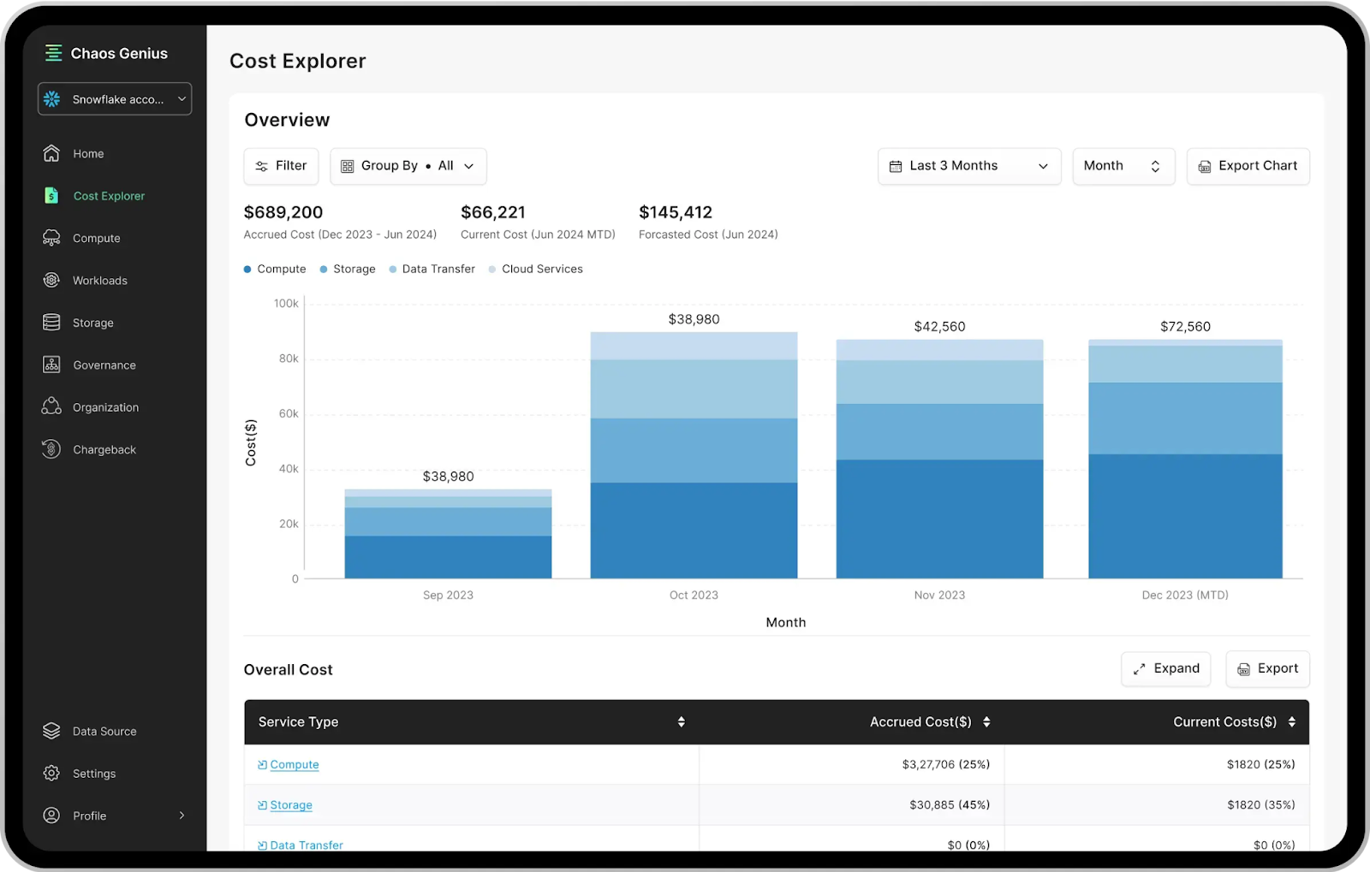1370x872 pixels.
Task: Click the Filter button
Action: [281, 166]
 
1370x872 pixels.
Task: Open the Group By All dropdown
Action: [408, 166]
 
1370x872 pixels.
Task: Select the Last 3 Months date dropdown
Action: [968, 166]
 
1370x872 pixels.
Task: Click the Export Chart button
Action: [1248, 166]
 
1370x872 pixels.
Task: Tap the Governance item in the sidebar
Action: [104, 365]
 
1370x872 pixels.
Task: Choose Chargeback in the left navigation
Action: [104, 450]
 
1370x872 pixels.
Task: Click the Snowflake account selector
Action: [115, 99]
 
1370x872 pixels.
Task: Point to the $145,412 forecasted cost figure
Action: [676, 212]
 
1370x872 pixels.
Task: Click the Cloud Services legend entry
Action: [541, 269]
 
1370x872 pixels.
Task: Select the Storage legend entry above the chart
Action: [353, 269]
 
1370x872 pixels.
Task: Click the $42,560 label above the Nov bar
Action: [939, 327]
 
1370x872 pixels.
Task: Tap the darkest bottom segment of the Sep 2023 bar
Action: [448, 557]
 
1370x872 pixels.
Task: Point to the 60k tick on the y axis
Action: [289, 414]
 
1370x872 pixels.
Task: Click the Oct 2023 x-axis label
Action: [694, 596]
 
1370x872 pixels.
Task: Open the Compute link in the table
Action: [294, 765]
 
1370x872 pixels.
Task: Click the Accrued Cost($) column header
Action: [920, 722]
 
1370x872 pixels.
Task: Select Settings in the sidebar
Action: [93, 774]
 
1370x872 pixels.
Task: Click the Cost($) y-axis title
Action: [251, 442]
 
